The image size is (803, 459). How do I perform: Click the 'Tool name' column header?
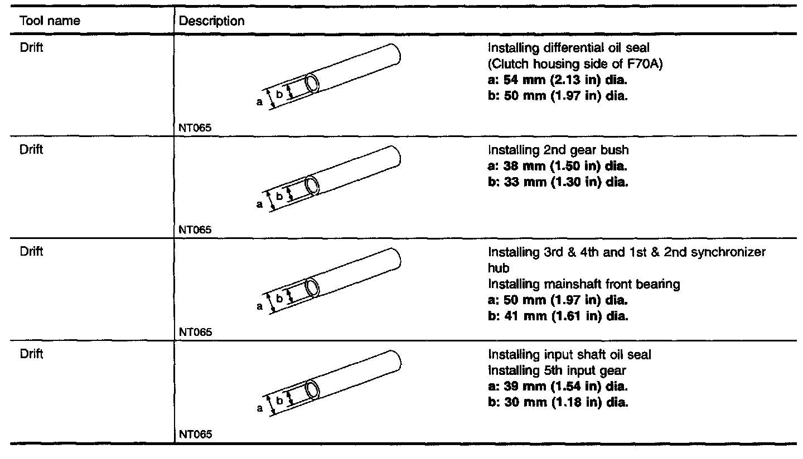(50, 22)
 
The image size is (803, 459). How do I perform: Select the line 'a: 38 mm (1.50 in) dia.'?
(558, 166)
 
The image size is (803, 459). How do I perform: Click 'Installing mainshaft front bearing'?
(584, 285)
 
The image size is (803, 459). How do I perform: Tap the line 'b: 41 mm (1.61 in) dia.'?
(558, 316)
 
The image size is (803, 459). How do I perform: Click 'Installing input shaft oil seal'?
(569, 354)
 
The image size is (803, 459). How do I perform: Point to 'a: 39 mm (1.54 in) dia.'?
(558, 386)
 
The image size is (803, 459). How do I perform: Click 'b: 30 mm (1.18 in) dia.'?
(558, 402)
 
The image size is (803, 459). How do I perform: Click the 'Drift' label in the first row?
(31, 47)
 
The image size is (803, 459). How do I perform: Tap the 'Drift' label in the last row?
(31, 353)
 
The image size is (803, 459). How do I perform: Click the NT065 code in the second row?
(195, 229)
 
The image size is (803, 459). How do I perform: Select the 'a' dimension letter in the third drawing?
(260, 306)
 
